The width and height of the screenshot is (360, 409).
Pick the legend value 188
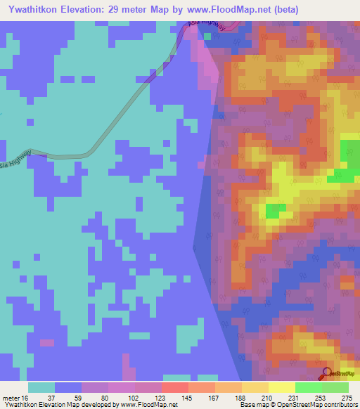(240, 398)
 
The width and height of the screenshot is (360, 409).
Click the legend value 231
(293, 398)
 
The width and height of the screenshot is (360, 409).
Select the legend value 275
(347, 398)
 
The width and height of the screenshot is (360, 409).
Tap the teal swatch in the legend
(41, 387)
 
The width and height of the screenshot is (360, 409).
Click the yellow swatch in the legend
(281, 387)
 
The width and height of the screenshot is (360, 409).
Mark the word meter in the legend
(11, 398)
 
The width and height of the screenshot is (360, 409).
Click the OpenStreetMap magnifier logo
(326, 373)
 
